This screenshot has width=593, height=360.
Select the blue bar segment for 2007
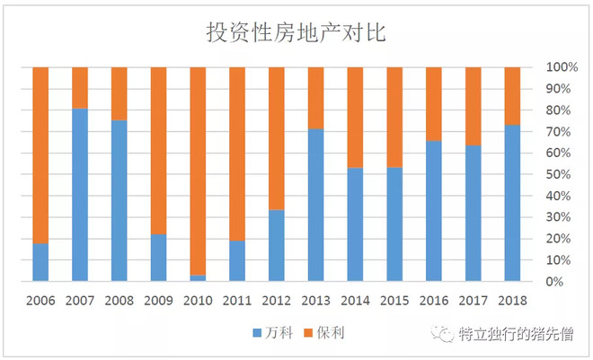pos(80,195)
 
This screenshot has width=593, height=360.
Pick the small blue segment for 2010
pos(198,278)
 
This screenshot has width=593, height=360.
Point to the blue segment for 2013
pos(315,205)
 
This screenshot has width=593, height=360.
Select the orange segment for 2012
pos(276,138)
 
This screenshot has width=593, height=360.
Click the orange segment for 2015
pos(394,117)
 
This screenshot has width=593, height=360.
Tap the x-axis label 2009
pos(158,301)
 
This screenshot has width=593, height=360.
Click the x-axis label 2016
pos(433,301)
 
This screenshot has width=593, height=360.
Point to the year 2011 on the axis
pos(237,301)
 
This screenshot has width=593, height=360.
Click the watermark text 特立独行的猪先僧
pos(518,334)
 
